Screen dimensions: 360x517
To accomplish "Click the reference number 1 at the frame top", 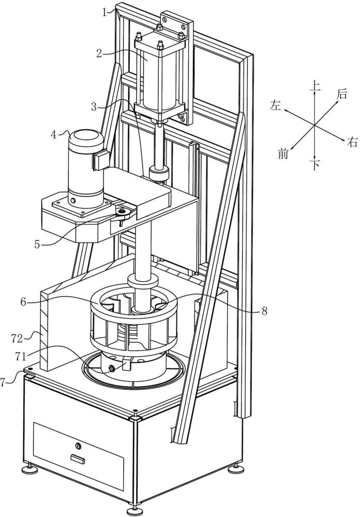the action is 104,12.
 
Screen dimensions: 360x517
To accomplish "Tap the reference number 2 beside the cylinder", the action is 99,53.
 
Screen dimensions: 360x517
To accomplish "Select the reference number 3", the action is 94,107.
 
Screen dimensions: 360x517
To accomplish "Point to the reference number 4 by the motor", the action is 54,135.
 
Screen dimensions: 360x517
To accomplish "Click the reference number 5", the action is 37,245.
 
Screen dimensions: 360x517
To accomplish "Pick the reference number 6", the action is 23,302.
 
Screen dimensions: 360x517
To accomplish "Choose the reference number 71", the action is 21,356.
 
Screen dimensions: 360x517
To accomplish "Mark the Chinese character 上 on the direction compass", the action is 315,86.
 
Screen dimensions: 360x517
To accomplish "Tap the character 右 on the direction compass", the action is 352,143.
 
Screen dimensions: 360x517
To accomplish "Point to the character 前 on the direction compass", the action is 283,154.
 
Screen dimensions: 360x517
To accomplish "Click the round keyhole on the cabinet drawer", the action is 78,446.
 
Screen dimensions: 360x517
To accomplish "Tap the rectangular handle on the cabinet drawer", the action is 78,458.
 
